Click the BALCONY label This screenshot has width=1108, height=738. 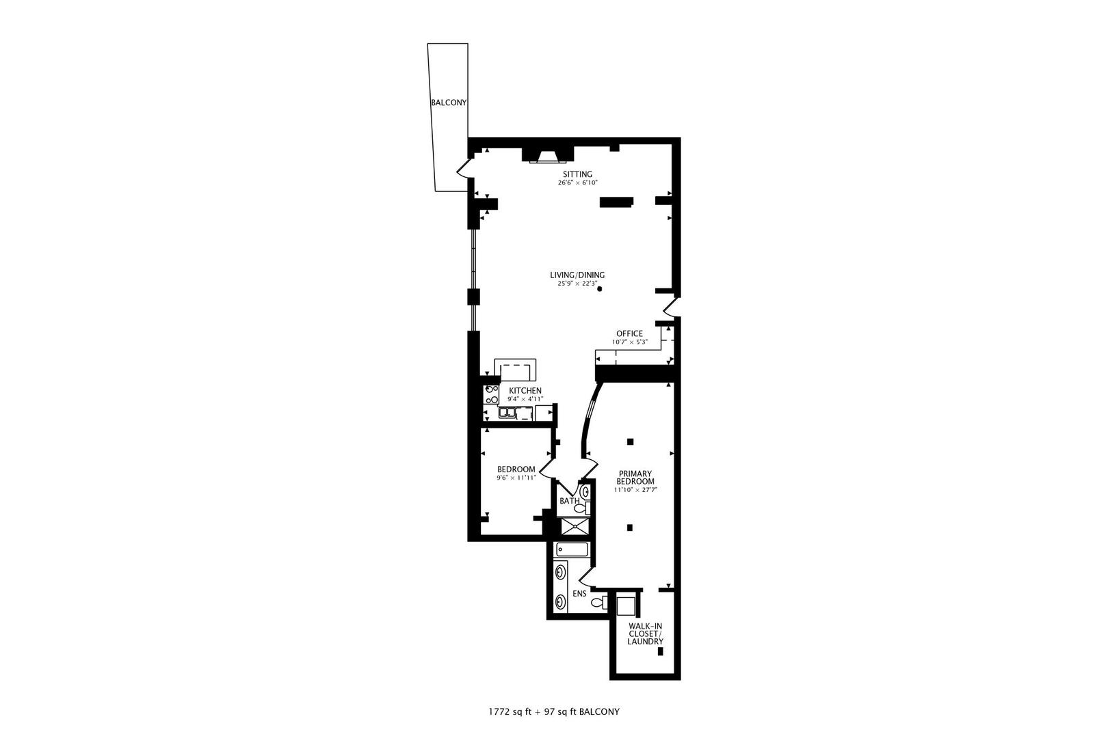click(x=449, y=102)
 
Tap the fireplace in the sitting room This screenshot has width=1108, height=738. click(x=548, y=158)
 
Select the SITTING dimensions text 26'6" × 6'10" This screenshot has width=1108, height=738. click(x=578, y=183)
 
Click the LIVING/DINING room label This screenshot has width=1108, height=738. click(x=577, y=275)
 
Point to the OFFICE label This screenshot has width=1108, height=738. click(x=629, y=333)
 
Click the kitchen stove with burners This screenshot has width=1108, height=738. click(x=492, y=394)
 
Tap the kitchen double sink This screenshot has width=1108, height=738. click(x=508, y=412)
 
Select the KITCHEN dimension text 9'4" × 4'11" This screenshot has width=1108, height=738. click(x=525, y=399)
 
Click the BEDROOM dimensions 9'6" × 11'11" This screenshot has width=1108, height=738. click(x=516, y=478)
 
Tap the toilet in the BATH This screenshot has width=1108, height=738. click(x=581, y=508)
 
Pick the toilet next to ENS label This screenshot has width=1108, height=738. click(x=598, y=602)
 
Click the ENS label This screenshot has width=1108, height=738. click(x=579, y=594)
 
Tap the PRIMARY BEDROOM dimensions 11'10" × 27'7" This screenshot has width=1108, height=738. click(x=635, y=490)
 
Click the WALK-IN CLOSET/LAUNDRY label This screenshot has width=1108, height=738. click(x=646, y=633)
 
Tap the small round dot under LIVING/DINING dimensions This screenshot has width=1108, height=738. click(x=600, y=289)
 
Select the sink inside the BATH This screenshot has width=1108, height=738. click(x=583, y=491)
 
